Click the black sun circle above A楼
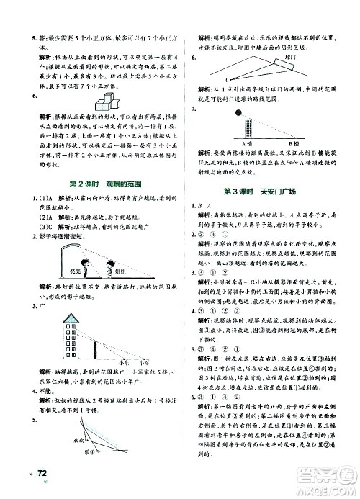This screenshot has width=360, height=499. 237,113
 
